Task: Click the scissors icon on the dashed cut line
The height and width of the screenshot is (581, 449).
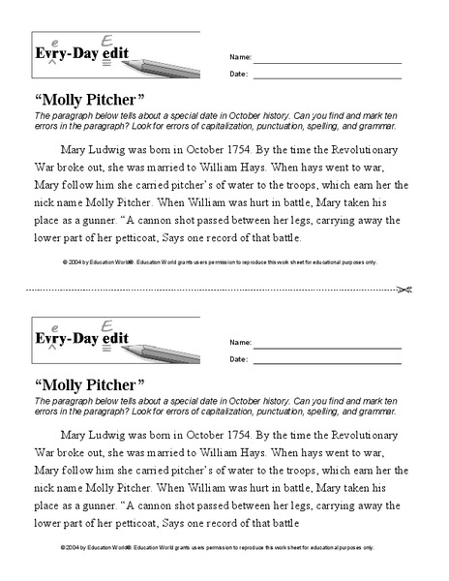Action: click(x=406, y=289)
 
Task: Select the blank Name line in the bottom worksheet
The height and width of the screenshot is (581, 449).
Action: click(x=327, y=343)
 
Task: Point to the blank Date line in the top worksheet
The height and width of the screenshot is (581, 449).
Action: click(x=327, y=74)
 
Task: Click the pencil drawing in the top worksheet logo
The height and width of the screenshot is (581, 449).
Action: click(x=165, y=60)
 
